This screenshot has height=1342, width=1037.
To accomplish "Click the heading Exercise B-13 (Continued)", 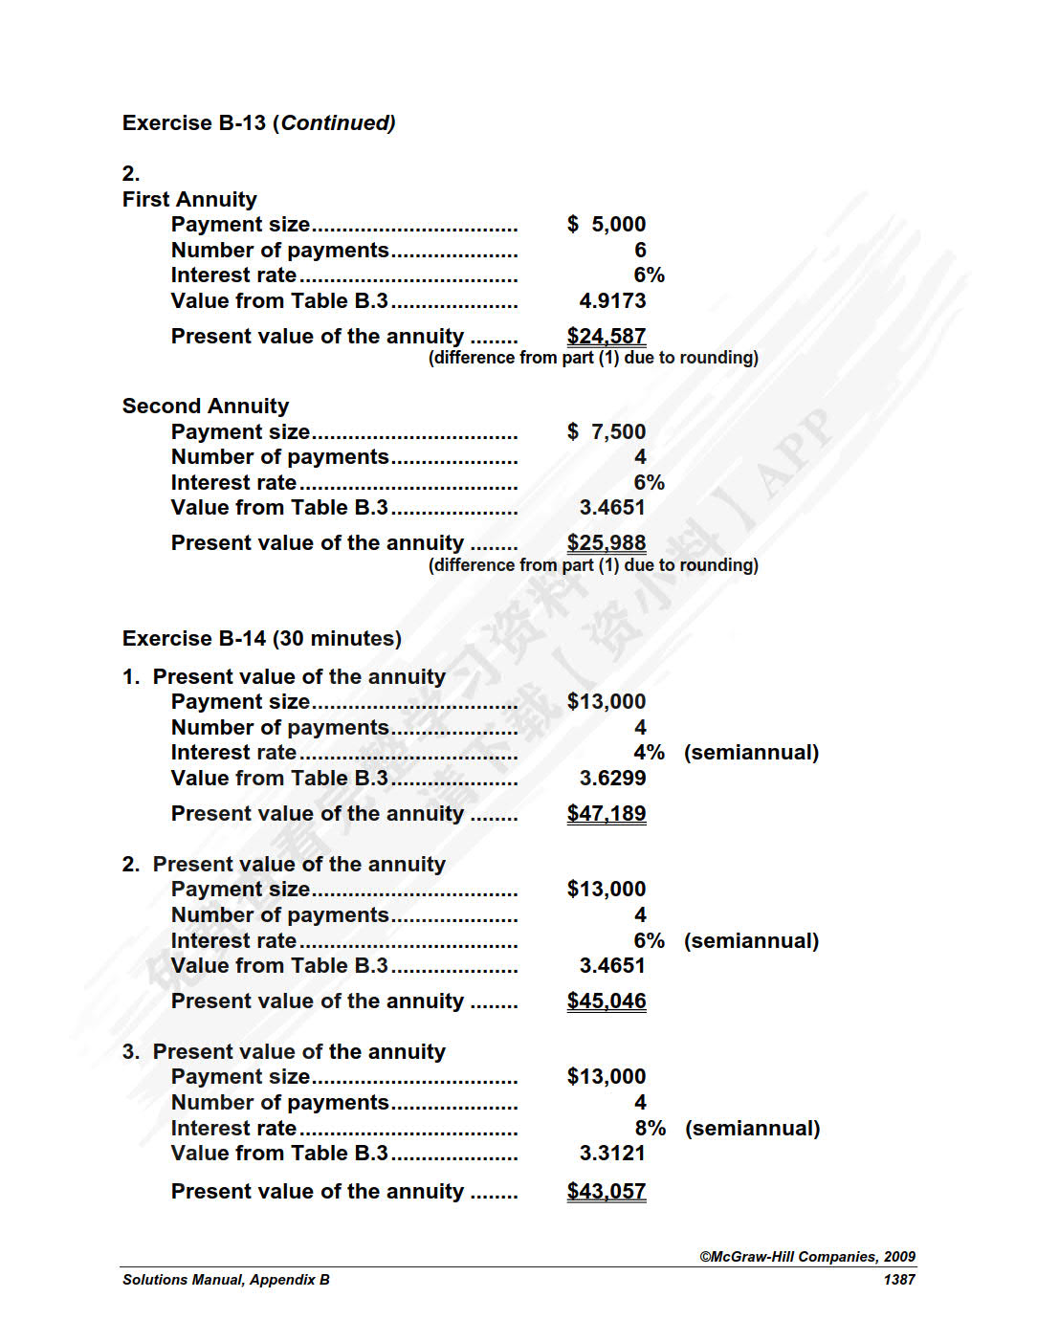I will (x=258, y=123).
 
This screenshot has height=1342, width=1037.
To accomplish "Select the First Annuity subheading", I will (x=189, y=199).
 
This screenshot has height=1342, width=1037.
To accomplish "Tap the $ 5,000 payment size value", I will (x=607, y=224).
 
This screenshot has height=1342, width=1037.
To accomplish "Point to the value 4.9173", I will (x=612, y=300).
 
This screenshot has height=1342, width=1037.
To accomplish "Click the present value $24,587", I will (x=607, y=336).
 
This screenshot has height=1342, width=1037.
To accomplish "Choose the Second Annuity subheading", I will (x=206, y=406).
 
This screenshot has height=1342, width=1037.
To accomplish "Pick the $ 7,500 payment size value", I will (x=607, y=431).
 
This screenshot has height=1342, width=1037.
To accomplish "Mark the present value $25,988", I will (x=607, y=542).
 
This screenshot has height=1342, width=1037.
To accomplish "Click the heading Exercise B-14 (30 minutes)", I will (x=261, y=638).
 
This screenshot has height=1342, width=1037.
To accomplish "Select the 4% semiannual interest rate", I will (x=650, y=753).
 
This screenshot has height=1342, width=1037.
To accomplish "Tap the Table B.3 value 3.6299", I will (x=612, y=778).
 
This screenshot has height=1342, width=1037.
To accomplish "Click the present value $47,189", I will (x=607, y=813).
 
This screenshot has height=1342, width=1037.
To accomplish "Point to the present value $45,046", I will (x=607, y=1001).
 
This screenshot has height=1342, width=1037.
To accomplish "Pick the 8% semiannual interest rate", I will (x=651, y=1128).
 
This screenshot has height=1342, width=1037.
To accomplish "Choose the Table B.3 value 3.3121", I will (x=612, y=1153).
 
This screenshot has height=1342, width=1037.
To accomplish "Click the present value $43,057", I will (x=607, y=1191).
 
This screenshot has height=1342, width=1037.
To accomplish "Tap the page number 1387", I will (x=899, y=1280).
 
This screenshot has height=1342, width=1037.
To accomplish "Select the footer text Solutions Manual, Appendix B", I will (x=226, y=1280).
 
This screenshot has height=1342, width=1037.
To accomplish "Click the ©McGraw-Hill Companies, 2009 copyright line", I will (x=807, y=1257).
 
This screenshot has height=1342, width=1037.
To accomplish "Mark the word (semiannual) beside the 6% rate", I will (x=751, y=940).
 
